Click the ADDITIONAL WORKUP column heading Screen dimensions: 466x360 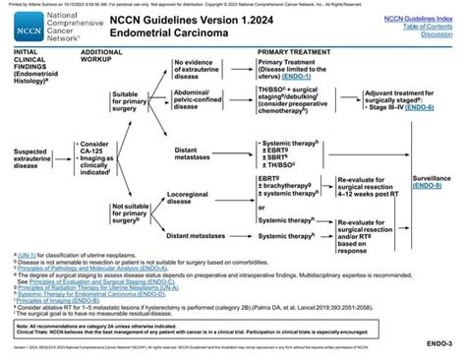click(102, 54)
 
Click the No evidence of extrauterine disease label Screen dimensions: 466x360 click(200, 69)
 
